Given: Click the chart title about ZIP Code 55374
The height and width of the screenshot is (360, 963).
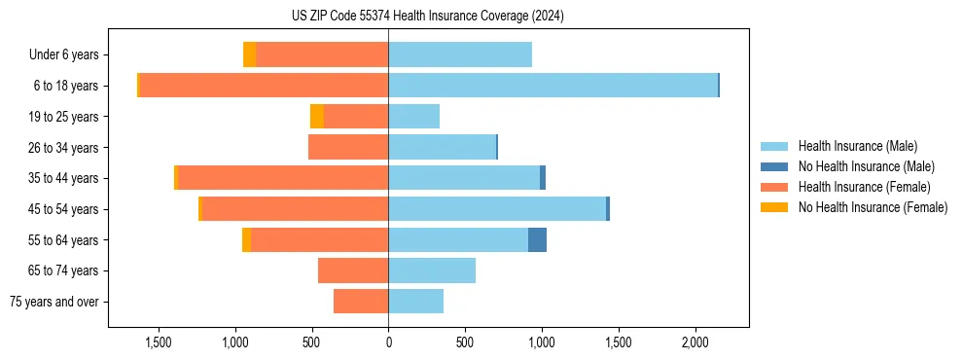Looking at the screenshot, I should tap(427, 17).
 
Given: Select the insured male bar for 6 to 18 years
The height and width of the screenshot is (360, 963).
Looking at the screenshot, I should tap(553, 86).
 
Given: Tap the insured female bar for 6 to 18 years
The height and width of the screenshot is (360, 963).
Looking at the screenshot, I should tap(264, 86).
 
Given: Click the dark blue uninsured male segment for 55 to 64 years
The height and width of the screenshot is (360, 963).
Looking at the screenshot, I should tap(537, 240).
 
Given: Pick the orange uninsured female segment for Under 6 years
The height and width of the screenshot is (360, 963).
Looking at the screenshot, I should tap(249, 54).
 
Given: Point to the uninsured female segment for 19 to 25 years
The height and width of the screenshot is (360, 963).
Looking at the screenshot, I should tap(317, 117).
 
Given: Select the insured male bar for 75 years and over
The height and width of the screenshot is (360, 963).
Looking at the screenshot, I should tap(415, 302).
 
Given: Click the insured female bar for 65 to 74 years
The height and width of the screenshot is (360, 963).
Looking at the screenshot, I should tap(353, 270).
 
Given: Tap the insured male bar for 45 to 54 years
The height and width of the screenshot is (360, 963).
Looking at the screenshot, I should tap(496, 209).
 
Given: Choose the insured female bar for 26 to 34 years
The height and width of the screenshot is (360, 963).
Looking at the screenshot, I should tap(348, 147).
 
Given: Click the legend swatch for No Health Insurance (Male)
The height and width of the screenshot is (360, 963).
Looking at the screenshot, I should tap(774, 166).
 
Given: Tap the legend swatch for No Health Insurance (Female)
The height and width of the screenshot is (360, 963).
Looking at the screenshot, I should tap(774, 207).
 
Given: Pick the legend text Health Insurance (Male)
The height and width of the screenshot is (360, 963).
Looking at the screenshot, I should tap(857, 146).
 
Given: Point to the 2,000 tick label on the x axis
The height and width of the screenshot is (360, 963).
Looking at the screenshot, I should tap(695, 343).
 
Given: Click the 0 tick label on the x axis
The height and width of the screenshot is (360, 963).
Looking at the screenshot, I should tap(388, 343).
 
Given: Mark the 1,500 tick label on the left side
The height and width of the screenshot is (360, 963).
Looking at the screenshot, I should tap(159, 343).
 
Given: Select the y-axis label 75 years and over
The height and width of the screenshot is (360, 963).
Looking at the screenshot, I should tap(54, 302).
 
